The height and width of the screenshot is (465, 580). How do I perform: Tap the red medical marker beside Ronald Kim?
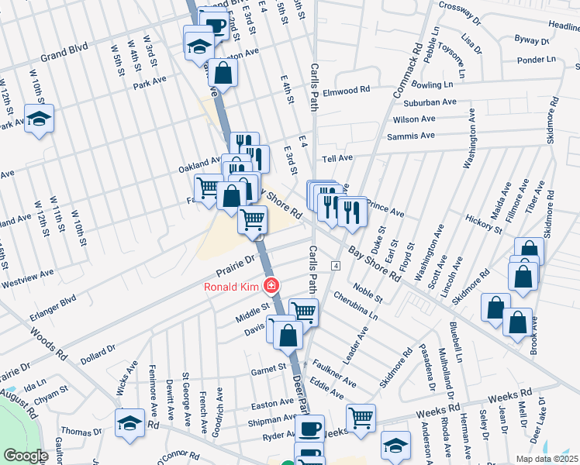pos(271,287)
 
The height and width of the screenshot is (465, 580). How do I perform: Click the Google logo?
pos(26,456)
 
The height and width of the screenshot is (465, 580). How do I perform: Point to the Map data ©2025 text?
pos(546,459)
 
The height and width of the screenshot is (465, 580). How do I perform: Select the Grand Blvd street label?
pos(66,57)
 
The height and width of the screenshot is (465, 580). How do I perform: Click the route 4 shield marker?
pos(336,266)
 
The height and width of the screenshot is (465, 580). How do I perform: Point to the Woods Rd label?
pos(48,343)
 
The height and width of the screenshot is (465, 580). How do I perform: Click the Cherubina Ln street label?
pos(354,306)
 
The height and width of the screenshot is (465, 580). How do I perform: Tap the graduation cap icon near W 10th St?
pos(39,119)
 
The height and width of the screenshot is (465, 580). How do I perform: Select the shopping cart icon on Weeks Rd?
pos(361,418)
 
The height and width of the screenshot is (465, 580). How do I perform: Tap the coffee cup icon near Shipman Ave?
pos(311,428)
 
